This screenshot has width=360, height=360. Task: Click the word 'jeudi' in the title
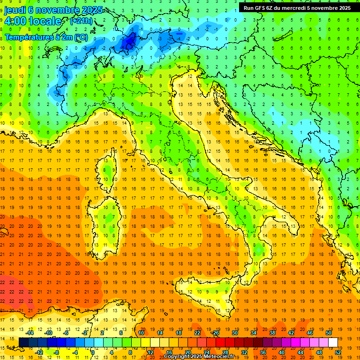click(15, 9)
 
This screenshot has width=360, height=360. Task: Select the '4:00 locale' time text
click(33, 21)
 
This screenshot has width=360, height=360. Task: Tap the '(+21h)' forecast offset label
click(81, 21)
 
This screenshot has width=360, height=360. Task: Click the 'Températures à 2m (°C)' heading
click(46, 37)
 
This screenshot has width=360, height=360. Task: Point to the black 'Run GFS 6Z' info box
click(297, 7)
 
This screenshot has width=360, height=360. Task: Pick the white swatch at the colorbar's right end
click(333, 342)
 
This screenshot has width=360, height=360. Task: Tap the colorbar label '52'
click(338, 352)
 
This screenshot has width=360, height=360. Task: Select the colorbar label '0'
click(93, 352)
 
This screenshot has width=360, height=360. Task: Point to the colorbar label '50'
click(328, 333)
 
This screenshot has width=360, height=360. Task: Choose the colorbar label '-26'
click(215, 333)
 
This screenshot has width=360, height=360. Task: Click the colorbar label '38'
click(272, 333)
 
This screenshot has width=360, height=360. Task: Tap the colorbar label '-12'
click(39, 352)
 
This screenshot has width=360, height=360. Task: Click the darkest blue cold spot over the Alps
click(127, 43)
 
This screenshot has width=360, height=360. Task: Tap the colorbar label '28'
click(225, 352)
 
